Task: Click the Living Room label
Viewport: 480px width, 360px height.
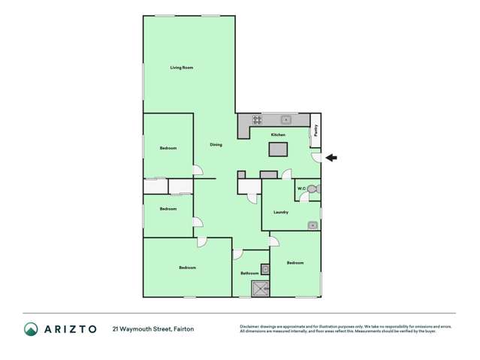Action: (x=182, y=68)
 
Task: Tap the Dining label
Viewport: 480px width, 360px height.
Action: (x=216, y=144)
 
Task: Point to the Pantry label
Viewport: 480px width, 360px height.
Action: (x=316, y=129)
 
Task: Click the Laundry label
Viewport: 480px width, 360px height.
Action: (x=282, y=212)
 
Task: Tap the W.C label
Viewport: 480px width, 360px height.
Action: (x=300, y=188)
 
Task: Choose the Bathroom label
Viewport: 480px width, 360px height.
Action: (x=249, y=274)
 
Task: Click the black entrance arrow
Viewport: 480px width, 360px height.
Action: (x=331, y=157)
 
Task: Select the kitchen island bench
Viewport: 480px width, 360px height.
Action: (x=279, y=148)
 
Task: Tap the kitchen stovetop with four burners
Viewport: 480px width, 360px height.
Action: (x=257, y=119)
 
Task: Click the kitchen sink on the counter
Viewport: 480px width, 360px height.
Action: (x=286, y=119)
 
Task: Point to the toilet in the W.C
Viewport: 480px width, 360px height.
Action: (x=313, y=189)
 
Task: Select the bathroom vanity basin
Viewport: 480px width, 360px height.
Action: (x=265, y=269)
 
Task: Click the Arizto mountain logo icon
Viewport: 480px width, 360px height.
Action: (x=31, y=328)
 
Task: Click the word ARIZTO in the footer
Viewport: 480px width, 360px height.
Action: (x=69, y=328)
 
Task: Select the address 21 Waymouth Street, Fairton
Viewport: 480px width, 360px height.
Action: (x=153, y=328)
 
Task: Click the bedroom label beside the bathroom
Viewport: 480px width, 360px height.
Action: (x=295, y=262)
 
